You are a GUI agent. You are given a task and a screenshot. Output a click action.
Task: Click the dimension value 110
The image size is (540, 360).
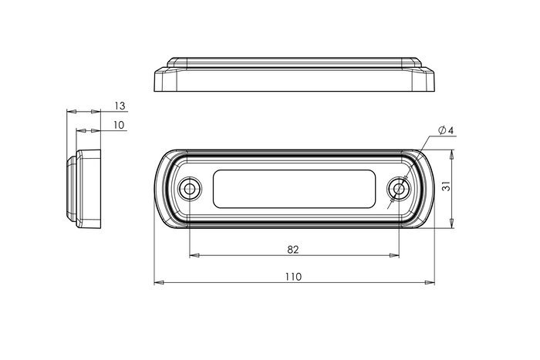[293, 276]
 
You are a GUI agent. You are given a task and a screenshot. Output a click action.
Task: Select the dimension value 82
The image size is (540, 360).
[293, 249]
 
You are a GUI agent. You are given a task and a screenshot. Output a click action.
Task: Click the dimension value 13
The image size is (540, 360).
[120, 105]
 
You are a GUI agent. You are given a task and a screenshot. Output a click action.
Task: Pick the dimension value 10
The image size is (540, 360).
[120, 125]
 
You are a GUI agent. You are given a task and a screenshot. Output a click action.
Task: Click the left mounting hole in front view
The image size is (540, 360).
[188, 189]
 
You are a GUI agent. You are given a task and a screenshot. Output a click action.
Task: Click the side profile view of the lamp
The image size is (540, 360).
[86, 190]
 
